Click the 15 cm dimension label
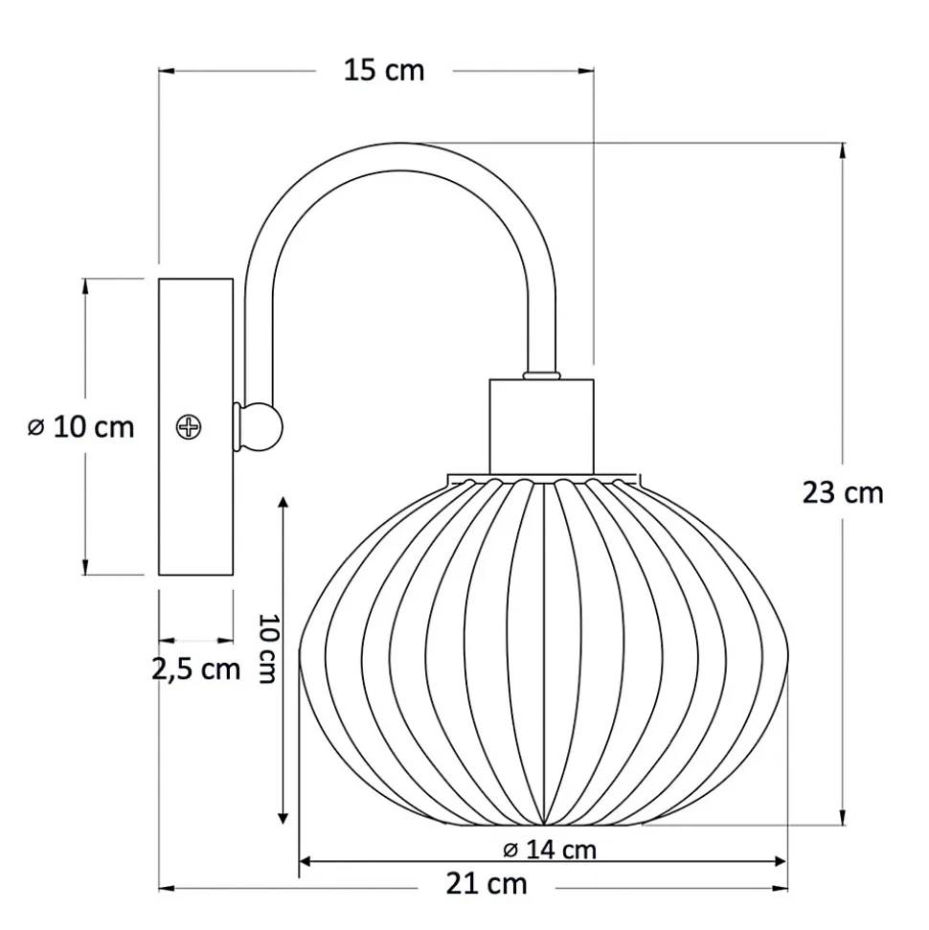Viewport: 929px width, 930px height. tap(384, 71)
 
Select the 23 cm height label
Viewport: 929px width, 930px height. tap(843, 493)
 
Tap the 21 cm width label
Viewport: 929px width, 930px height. tap(487, 884)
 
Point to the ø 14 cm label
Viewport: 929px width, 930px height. tap(550, 850)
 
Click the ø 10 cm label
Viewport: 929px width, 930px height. tap(81, 427)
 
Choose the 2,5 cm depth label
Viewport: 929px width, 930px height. tap(195, 669)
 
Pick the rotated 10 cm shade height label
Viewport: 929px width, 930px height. tap(268, 647)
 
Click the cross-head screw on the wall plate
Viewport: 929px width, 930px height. tap(189, 427)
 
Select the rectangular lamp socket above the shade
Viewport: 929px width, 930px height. tap(541, 426)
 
